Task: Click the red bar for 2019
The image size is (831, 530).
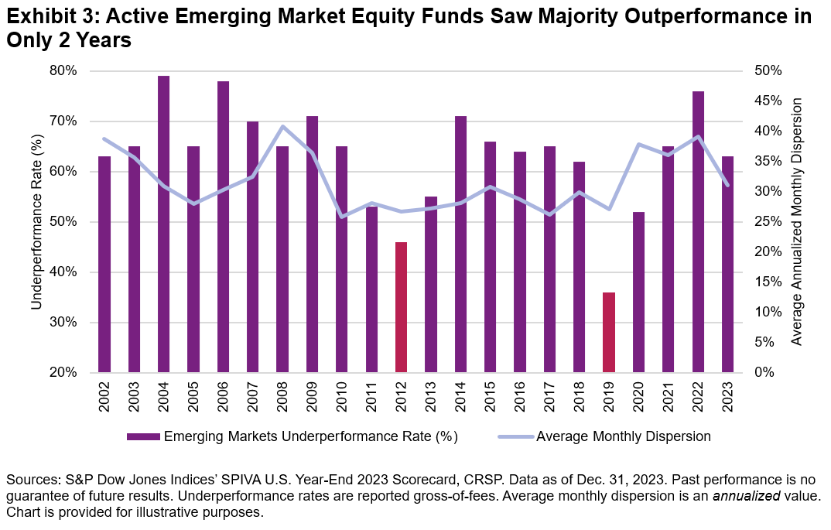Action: (x=610, y=332)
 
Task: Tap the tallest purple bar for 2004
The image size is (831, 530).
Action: (x=164, y=224)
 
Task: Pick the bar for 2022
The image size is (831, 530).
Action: (x=699, y=231)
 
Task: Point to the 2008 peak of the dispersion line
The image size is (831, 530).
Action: (x=283, y=126)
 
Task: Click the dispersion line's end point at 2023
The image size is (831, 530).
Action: (x=728, y=185)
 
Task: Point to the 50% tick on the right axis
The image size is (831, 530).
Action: (x=768, y=71)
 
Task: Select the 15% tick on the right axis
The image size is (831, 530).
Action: (x=768, y=282)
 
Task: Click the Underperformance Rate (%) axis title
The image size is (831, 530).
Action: (x=36, y=221)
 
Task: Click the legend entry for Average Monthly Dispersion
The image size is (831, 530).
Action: (x=623, y=436)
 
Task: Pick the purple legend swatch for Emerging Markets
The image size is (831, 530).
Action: (x=142, y=436)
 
